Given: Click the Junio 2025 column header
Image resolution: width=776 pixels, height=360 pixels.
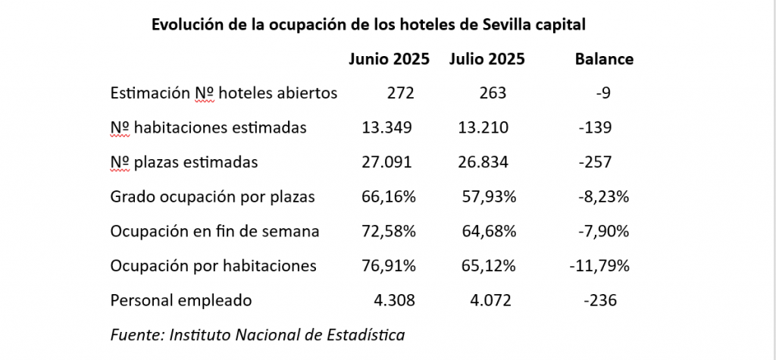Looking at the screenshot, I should [389, 59].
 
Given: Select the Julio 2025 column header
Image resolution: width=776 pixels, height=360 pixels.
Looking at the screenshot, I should [487, 59].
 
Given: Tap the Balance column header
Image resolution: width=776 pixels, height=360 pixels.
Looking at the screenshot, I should [604, 59].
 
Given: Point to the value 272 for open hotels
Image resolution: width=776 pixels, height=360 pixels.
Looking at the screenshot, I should [401, 93].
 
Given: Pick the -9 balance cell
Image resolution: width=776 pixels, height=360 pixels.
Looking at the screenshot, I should [603, 93].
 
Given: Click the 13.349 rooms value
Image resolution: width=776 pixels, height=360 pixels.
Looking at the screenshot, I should [386, 127].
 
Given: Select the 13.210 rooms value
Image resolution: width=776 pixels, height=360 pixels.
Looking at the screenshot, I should [483, 127].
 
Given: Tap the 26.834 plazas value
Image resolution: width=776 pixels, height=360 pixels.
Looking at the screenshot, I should [483, 161].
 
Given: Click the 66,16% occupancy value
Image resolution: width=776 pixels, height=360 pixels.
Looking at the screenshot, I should [390, 196].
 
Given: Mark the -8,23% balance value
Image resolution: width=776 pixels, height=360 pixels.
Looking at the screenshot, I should [603, 196].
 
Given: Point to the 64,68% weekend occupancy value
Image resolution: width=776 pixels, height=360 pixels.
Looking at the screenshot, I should [489, 231].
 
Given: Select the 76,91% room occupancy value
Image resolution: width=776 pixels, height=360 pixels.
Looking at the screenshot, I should [390, 266].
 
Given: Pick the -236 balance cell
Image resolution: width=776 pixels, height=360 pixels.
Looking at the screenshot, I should [600, 300].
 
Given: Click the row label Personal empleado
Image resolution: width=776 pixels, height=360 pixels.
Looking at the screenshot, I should [180, 300].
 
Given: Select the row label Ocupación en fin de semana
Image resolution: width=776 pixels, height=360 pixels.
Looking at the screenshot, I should [214, 231].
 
